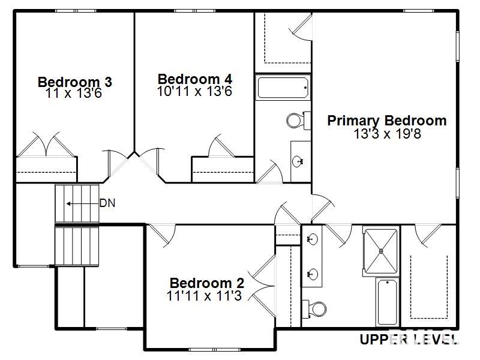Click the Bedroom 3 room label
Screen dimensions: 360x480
point(74,82)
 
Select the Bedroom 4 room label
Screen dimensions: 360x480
point(194,79)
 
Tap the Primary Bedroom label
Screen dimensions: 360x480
point(386,121)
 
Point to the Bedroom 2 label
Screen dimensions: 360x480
point(206,283)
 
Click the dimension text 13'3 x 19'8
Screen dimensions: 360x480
point(387,133)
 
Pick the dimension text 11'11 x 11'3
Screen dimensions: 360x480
point(204,295)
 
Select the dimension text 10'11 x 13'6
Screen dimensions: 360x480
point(194,91)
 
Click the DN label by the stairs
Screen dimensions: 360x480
point(107,203)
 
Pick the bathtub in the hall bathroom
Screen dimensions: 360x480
point(283,88)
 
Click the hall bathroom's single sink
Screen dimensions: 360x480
point(299,161)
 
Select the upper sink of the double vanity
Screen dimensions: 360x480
point(312,239)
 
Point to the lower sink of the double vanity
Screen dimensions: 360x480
point(312,274)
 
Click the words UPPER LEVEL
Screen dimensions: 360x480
point(408,340)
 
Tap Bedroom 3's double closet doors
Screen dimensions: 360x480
point(46,144)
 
